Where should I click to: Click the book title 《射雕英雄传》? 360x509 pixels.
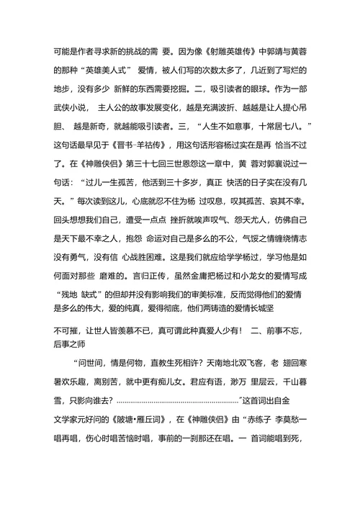230,52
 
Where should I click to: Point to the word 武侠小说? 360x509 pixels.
71,107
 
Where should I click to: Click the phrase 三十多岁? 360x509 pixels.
186,180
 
